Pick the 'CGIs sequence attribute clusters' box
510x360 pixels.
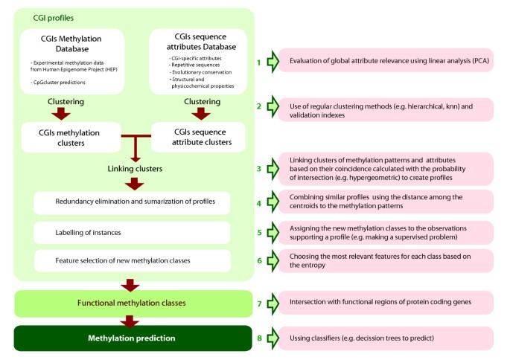point(199,137)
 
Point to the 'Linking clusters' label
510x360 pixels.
point(134,169)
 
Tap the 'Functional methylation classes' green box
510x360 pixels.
point(132,303)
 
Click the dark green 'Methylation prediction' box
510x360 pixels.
point(132,338)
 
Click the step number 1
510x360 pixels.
point(259,62)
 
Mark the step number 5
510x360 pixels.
point(259,232)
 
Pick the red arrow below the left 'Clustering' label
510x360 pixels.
point(62,114)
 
